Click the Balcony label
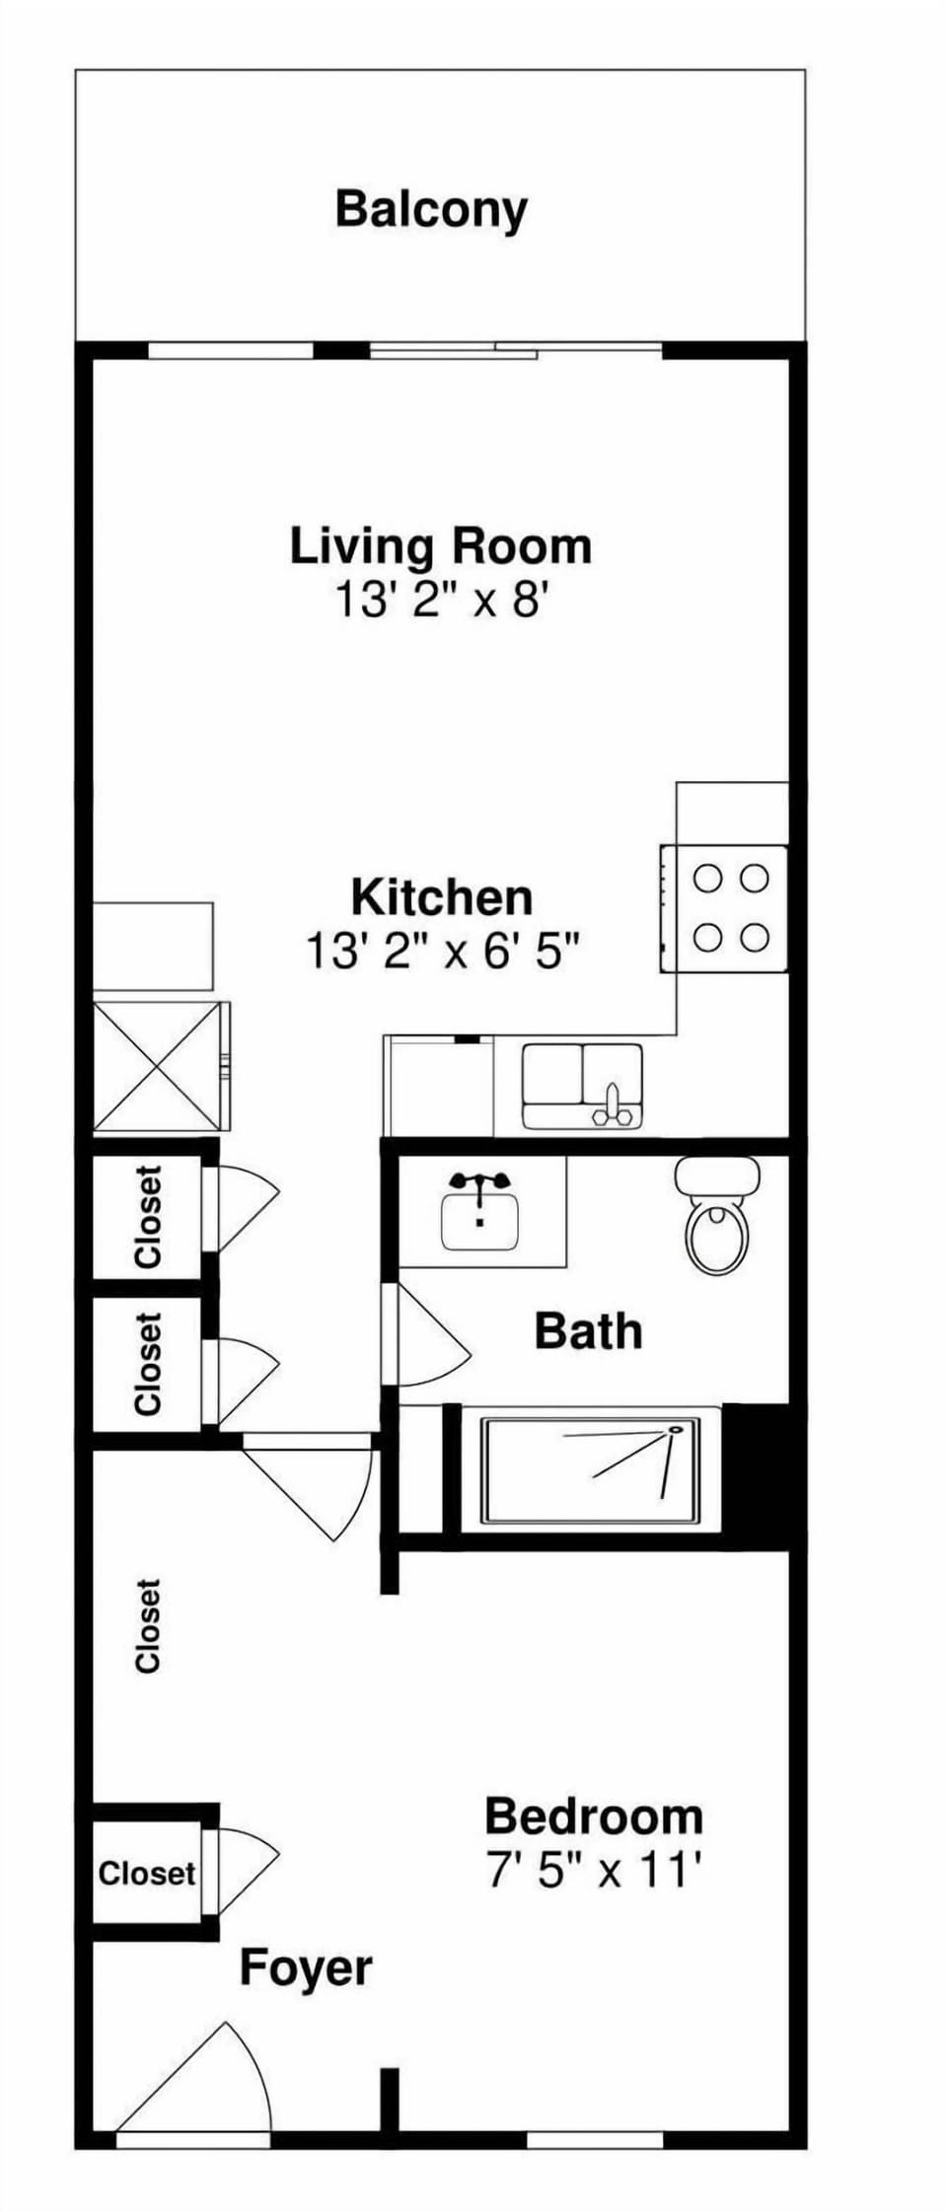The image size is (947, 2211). click(431, 209)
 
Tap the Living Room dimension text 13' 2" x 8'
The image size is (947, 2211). click(441, 599)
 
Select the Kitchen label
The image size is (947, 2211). click(442, 897)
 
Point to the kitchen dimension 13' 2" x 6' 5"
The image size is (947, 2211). click(442, 952)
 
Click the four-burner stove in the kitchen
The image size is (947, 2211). click(725, 908)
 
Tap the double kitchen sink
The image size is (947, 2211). click(582, 1085)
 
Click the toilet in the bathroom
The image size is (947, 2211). click(717, 1216)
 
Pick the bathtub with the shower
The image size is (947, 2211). click(590, 1470)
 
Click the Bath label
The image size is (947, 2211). click(588, 1331)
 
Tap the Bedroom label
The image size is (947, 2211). click(594, 1817)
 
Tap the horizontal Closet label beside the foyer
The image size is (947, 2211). click(147, 1873)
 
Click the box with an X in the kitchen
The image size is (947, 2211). click(157, 1066)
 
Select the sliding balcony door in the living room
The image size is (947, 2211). click(515, 349)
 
